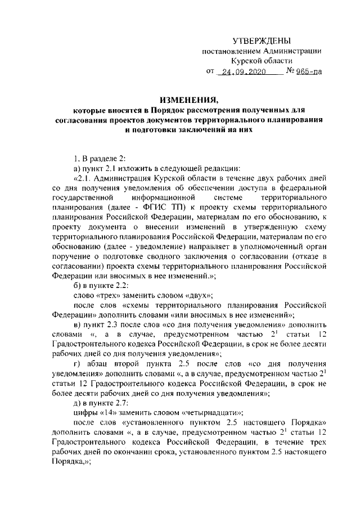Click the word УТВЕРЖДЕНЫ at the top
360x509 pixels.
pos(262,41)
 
